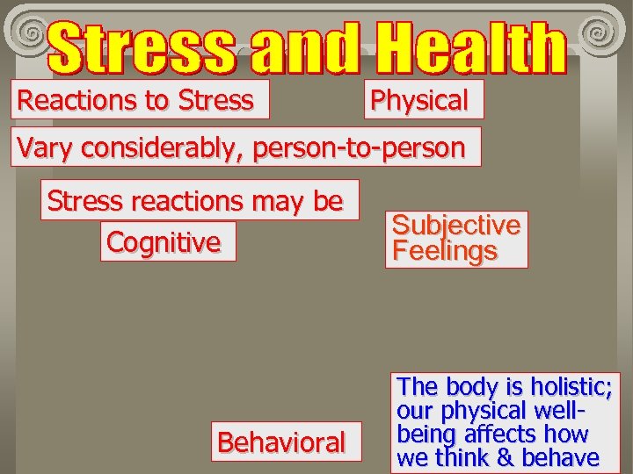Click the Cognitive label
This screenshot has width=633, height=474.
[164, 241]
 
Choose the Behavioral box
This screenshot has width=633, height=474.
[281, 442]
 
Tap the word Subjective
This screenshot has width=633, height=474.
[456, 225]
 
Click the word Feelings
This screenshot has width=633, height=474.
[445, 251]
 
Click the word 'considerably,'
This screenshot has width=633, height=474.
[157, 147]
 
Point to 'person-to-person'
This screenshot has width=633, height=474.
[359, 147]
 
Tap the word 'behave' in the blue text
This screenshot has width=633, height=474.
[561, 457]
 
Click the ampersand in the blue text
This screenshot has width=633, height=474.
[503, 457]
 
